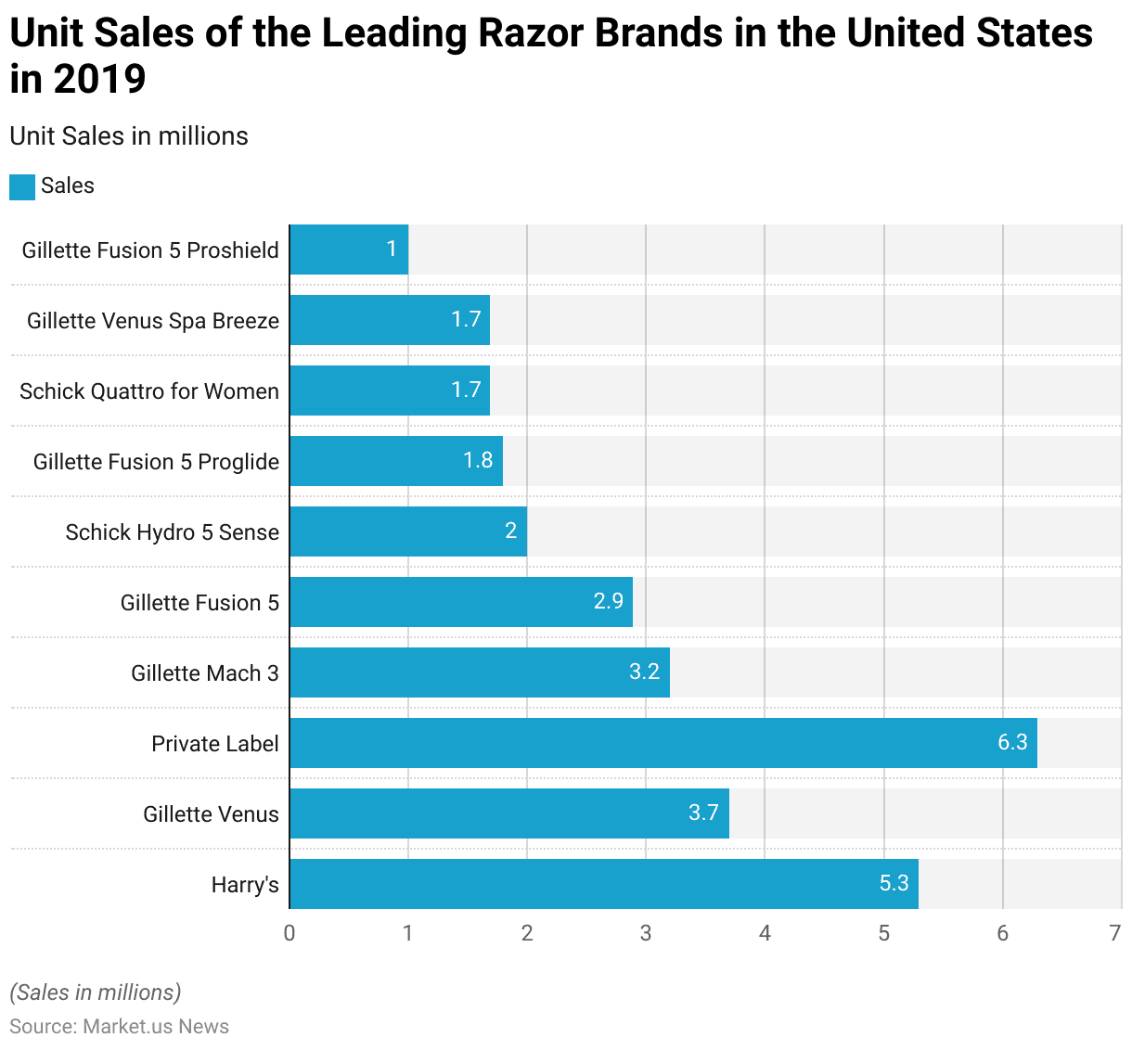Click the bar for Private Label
click(662, 743)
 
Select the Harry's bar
click(603, 884)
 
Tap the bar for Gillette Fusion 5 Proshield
click(349, 250)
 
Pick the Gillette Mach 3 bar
click(479, 672)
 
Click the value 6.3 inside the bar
click(1012, 742)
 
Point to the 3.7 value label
click(703, 813)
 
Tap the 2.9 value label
click(609, 601)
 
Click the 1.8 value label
click(478, 460)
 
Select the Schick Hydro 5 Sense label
click(172, 532)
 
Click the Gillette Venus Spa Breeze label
click(153, 321)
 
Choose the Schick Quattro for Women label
click(149, 391)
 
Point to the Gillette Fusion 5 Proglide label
click(156, 462)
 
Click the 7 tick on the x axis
click(1115, 933)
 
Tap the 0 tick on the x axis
click(289, 933)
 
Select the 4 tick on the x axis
click(765, 933)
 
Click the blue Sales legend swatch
click(22, 186)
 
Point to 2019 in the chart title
click(99, 79)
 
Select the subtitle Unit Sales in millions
click(129, 136)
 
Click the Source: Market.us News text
click(119, 1027)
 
